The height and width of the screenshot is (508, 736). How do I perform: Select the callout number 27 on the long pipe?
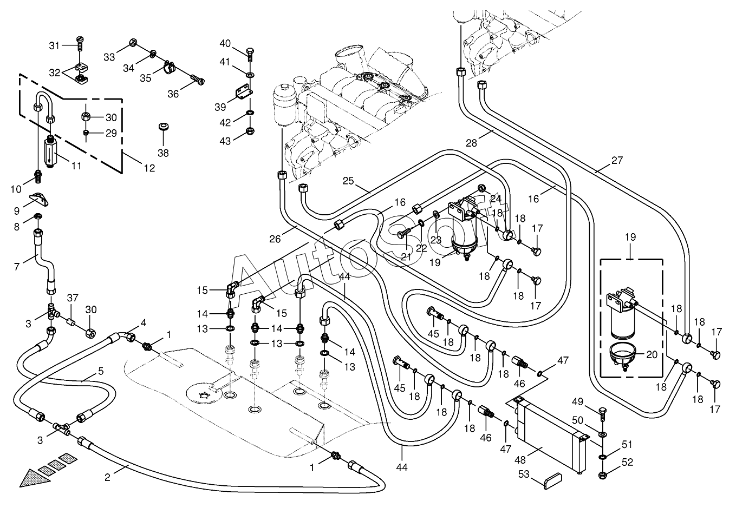[617, 161]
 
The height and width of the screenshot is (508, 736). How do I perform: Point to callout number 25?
[348, 181]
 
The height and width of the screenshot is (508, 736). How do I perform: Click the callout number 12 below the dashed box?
[149, 168]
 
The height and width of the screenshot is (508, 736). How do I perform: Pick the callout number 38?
[163, 153]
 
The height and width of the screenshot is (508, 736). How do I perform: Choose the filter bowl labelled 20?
[623, 355]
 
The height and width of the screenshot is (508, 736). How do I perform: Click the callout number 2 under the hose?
[107, 478]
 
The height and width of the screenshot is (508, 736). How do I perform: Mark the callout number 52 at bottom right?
[628, 463]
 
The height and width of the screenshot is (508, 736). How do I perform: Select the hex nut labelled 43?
[250, 131]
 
